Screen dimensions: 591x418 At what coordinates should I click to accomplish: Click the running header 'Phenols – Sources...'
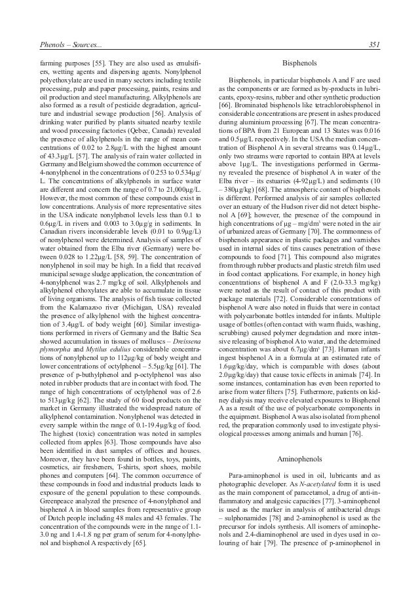pyautogui.click(x=62, y=45)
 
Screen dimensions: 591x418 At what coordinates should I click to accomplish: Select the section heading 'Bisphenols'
pyautogui.click(x=299, y=65)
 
